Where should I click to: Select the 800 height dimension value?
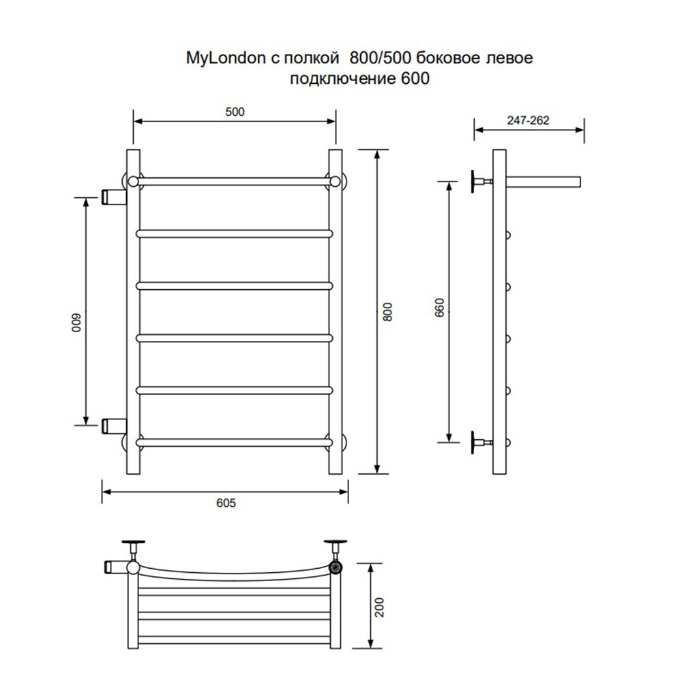pyautogui.click(x=388, y=312)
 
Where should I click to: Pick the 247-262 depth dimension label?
pyautogui.click(x=529, y=120)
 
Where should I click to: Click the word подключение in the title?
pyautogui.click(x=340, y=78)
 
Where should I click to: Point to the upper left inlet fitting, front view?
pyautogui.click(x=113, y=196)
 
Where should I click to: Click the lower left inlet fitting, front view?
pyautogui.click(x=113, y=426)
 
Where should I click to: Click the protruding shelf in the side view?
pyautogui.click(x=544, y=181)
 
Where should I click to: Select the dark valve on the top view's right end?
pyautogui.click(x=335, y=566)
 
